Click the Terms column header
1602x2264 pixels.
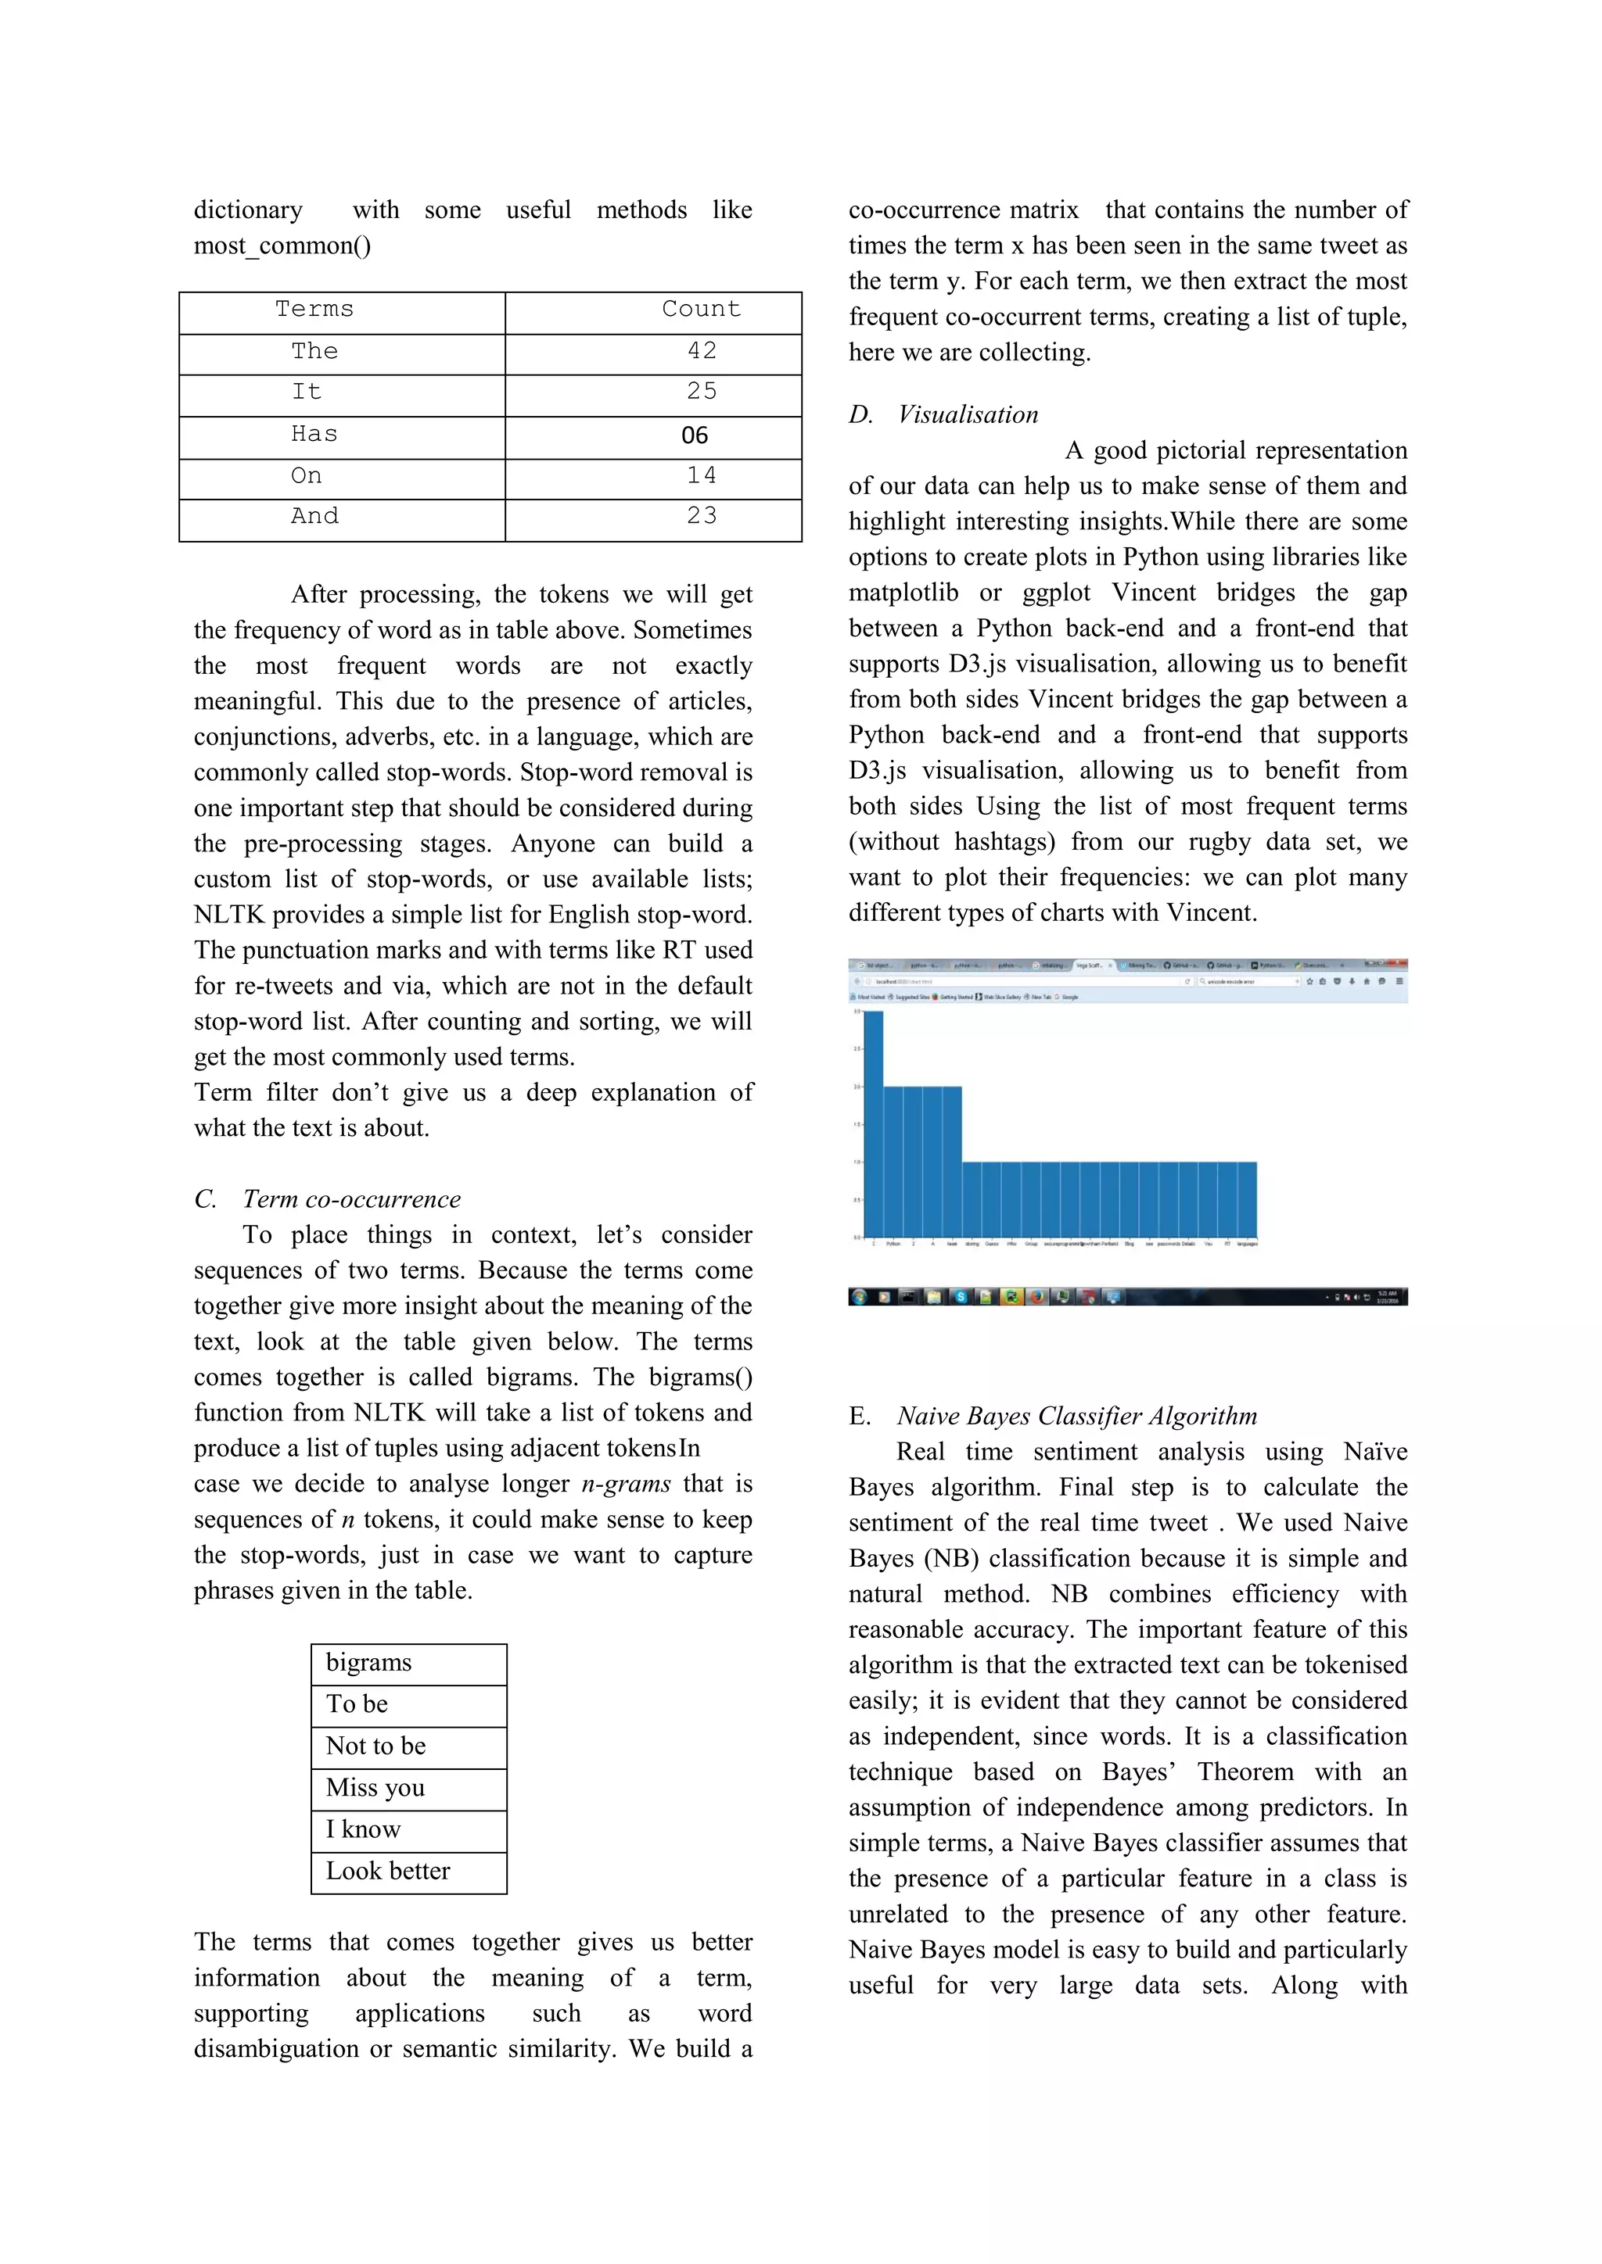click(314, 310)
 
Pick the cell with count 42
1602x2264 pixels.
click(702, 351)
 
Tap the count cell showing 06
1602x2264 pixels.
click(695, 435)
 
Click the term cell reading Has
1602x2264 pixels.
click(314, 434)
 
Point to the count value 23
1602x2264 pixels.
click(702, 516)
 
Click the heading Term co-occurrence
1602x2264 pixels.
click(351, 1199)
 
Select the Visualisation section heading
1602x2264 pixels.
click(968, 414)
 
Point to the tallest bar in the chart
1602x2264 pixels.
click(873, 1124)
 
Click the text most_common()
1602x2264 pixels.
click(282, 245)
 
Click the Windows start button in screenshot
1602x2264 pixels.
click(858, 1297)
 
